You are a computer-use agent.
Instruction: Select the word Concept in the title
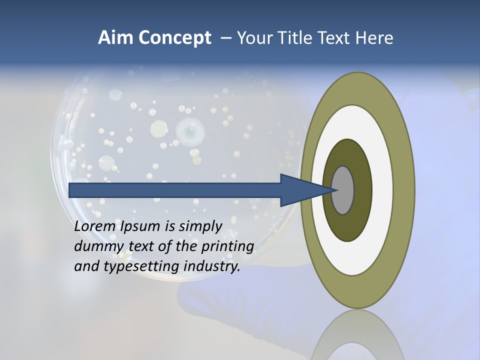(x=174, y=38)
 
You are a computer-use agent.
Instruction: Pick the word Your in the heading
(x=253, y=38)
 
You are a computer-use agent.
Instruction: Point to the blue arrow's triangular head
(x=300, y=190)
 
